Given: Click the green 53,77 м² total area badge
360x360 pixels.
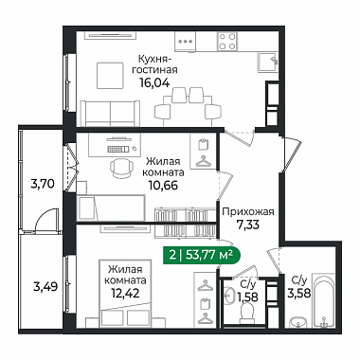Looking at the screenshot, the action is pyautogui.click(x=202, y=255).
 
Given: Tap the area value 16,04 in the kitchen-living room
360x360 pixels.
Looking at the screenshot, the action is pyautogui.click(x=155, y=82).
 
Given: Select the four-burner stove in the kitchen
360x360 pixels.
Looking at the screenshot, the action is pyautogui.click(x=227, y=42).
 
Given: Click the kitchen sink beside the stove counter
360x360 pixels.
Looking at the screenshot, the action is pyautogui.click(x=267, y=63).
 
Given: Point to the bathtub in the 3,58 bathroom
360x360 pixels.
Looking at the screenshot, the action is pyautogui.click(x=323, y=300).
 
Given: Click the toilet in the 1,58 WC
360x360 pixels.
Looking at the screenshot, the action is pyautogui.click(x=248, y=314).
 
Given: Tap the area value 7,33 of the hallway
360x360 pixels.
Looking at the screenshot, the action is pyautogui.click(x=248, y=225).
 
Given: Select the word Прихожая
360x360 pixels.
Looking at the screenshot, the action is pyautogui.click(x=248, y=212).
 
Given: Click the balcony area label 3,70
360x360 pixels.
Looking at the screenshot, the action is pyautogui.click(x=43, y=183).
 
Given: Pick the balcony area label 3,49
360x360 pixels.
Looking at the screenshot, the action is pyautogui.click(x=45, y=287).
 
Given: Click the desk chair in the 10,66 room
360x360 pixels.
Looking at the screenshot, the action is pyautogui.click(x=122, y=168).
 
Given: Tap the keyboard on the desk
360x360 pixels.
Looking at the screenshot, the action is pyautogui.click(x=118, y=149).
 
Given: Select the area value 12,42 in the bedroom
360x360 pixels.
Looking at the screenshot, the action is pyautogui.click(x=125, y=294).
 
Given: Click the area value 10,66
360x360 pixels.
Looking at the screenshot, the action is pyautogui.click(x=164, y=186).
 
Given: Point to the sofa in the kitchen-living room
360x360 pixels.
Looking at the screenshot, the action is pyautogui.click(x=110, y=114).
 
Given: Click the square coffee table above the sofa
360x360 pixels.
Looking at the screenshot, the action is pyautogui.click(x=110, y=76).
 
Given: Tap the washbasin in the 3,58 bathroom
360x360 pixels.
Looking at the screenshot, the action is pyautogui.click(x=298, y=322).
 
